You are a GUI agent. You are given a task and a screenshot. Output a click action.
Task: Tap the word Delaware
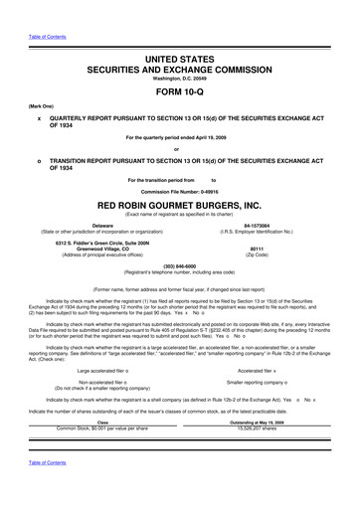click(102, 226)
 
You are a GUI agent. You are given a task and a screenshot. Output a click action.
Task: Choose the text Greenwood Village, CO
click(102, 251)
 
